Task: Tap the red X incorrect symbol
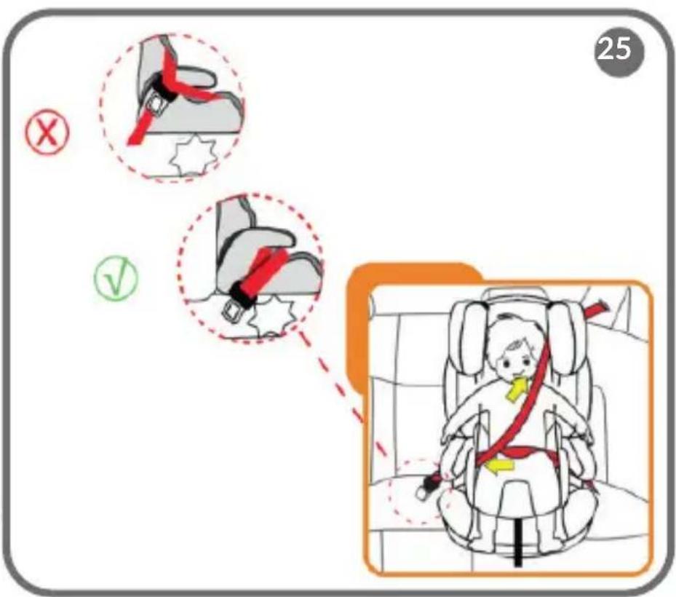point(47,132)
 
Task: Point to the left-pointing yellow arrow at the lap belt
point(500,465)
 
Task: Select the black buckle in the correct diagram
point(242,293)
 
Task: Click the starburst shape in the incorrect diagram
point(192,155)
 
